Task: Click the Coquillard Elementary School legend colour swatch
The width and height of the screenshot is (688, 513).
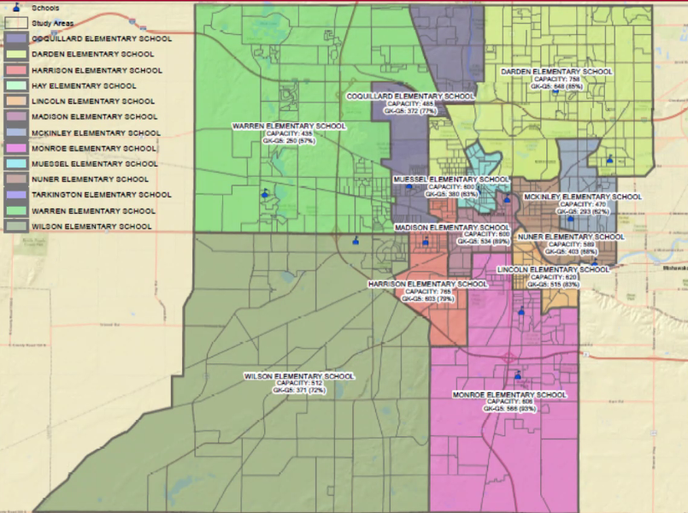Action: point(16,38)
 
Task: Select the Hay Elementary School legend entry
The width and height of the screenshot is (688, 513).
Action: point(83,85)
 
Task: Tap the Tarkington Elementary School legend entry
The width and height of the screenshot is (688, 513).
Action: point(101,195)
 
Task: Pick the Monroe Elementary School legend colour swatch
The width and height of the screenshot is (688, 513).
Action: point(16,148)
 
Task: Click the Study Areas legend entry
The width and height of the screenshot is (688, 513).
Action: point(52,23)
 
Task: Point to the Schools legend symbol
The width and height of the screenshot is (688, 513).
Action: point(16,8)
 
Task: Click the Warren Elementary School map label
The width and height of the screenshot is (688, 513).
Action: point(289,127)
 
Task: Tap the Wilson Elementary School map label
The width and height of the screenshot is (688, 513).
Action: point(298,376)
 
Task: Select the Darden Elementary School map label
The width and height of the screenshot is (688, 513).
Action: point(556,72)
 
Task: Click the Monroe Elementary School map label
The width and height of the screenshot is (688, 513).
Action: point(509,395)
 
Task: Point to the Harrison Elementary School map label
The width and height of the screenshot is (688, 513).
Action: point(427,284)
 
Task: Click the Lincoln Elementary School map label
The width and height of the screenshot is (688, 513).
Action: point(553,269)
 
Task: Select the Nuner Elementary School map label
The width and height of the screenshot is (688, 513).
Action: point(570,236)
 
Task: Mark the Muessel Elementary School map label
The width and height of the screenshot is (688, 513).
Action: point(450,180)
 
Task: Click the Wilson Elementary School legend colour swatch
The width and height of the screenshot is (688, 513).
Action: point(16,227)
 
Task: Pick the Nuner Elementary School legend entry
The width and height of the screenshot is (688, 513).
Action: point(89,180)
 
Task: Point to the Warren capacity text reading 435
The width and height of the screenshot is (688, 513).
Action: point(289,134)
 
